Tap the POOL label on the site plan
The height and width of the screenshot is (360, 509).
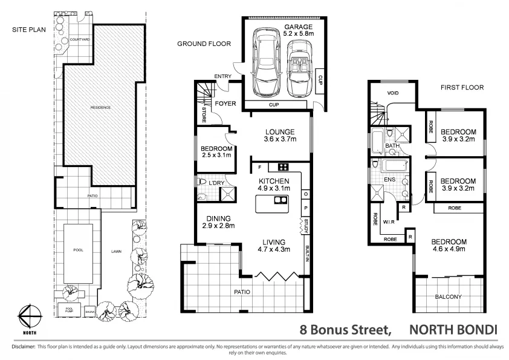click(x=77, y=249)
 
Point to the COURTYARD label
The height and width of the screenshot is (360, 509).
click(x=80, y=39)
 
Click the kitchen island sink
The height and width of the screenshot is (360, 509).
click(x=279, y=201)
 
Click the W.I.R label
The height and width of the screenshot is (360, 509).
click(x=389, y=221)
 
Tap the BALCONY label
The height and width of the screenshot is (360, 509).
click(x=448, y=296)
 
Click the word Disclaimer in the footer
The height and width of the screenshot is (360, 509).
click(x=20, y=347)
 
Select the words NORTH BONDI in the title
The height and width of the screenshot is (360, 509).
click(x=453, y=330)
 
